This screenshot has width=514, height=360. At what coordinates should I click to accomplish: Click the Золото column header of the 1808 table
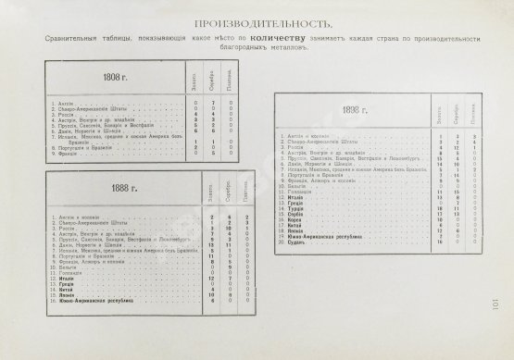[x=196, y=85]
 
